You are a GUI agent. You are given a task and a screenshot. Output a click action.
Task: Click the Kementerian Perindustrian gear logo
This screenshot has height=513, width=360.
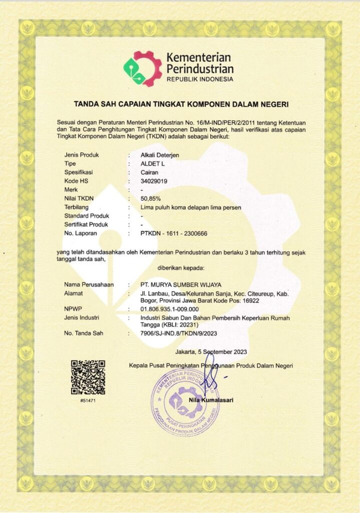143,69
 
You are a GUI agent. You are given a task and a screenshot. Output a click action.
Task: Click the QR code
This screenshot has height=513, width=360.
88,377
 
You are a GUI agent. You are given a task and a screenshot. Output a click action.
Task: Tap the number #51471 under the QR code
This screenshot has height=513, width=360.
88,400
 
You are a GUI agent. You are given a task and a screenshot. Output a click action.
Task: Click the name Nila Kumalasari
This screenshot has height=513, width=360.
211,400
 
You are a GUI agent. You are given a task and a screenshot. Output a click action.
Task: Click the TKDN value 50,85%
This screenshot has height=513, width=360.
151,198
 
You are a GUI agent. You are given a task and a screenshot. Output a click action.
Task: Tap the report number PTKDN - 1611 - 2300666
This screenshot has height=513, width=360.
174,233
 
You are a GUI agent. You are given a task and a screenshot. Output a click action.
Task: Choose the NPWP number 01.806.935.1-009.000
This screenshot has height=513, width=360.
170,309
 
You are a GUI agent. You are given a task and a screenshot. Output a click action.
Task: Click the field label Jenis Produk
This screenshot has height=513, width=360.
82,155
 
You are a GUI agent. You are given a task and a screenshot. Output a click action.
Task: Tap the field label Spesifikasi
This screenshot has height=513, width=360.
81,172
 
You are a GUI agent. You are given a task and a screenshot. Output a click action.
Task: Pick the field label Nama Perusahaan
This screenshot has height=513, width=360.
89,285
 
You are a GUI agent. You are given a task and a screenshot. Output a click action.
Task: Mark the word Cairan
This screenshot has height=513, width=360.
150,172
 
